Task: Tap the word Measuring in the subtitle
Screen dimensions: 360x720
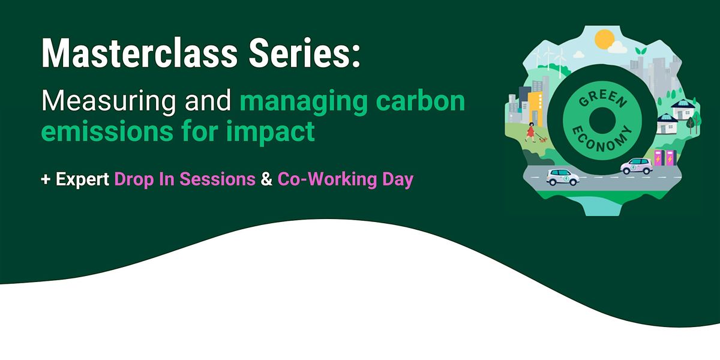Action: click(x=109, y=101)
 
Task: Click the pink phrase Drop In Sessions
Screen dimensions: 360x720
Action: click(x=185, y=180)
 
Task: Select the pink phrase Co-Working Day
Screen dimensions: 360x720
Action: click(x=345, y=180)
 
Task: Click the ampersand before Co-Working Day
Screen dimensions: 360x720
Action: click(x=266, y=180)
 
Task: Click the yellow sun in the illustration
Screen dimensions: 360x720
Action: click(x=603, y=40)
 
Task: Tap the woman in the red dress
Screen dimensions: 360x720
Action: click(x=530, y=132)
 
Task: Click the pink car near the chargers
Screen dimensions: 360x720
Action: click(x=637, y=166)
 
